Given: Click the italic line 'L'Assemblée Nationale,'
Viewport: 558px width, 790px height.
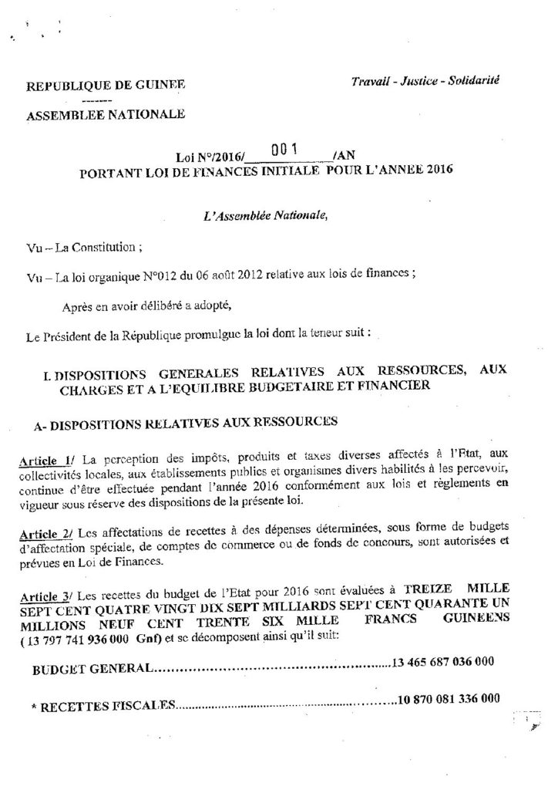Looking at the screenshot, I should (264, 214).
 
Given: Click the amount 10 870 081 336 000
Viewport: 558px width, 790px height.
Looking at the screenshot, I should (447, 702).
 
